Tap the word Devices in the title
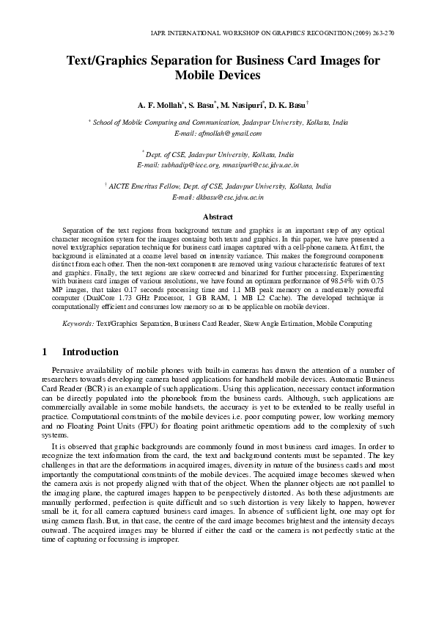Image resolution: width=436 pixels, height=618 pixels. click(237, 75)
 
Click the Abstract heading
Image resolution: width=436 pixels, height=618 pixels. click(217, 217)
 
